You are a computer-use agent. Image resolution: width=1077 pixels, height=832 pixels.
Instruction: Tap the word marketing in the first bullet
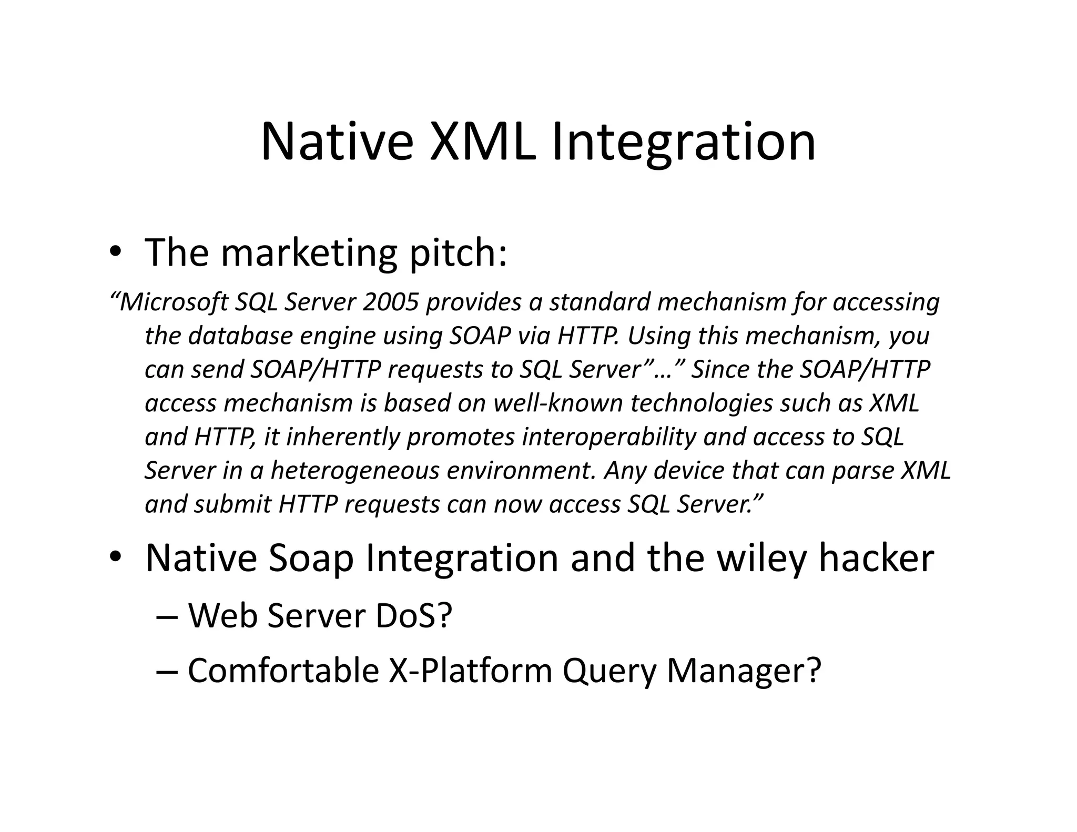click(x=309, y=253)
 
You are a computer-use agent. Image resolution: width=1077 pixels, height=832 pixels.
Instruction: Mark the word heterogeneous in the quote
click(x=354, y=471)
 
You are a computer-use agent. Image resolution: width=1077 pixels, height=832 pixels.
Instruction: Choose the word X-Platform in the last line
click(x=470, y=671)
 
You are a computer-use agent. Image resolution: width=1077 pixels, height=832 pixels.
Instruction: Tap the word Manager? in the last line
click(x=744, y=671)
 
